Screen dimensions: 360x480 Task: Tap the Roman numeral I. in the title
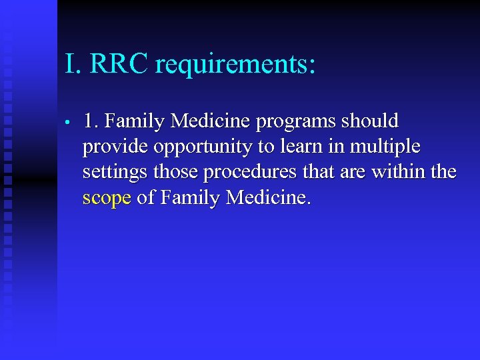[x=73, y=65]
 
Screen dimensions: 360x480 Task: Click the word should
[x=369, y=121]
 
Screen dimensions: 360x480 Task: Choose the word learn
[x=303, y=147]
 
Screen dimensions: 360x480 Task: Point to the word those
[x=176, y=172]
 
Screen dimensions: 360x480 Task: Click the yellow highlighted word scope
[x=107, y=199]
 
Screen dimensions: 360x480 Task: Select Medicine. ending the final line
[x=269, y=197]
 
